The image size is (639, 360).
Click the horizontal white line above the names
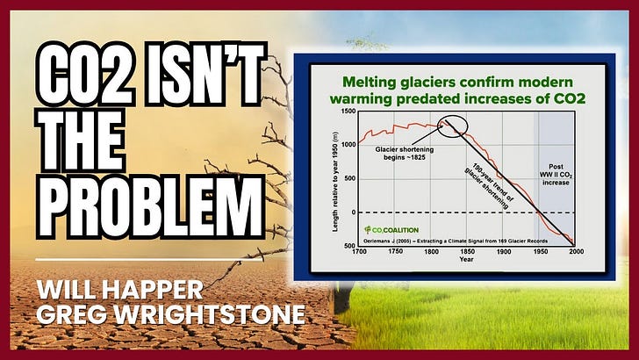(149, 260)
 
